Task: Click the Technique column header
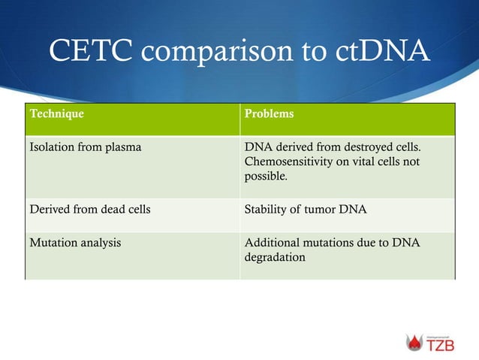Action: pos(56,115)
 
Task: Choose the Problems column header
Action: pos(269,115)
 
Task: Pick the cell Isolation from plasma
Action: pos(85,147)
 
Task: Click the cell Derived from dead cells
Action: pos(89,209)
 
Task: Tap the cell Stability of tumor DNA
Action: pos(306,209)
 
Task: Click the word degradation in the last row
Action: pos(275,257)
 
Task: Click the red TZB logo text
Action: pos(440,346)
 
